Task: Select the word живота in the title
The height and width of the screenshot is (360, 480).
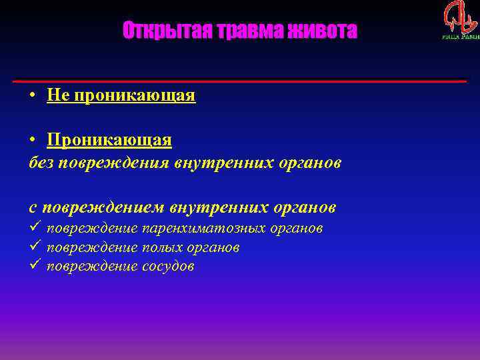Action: [325, 31]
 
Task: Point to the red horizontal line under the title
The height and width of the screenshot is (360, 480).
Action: [240, 81]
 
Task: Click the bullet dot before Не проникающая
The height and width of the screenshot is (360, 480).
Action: [32, 96]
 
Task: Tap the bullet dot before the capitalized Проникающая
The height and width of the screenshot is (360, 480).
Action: [32, 141]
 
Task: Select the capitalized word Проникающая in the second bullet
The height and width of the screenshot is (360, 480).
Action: [109, 141]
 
